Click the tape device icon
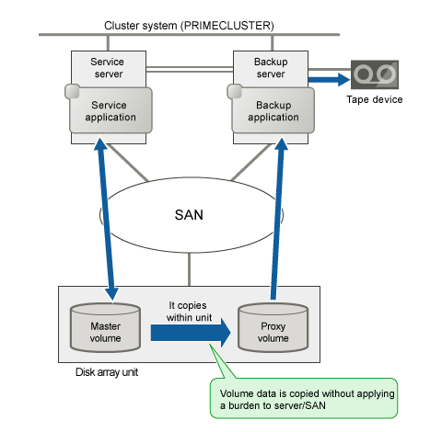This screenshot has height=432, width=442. (x=375, y=74)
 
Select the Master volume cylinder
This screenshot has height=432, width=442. (x=105, y=327)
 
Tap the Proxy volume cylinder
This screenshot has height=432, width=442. (x=273, y=327)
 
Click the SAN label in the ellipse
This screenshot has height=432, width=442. (x=189, y=215)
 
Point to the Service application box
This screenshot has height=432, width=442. (x=110, y=110)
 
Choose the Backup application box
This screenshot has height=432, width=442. (x=273, y=110)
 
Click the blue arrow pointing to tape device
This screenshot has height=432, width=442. (x=329, y=80)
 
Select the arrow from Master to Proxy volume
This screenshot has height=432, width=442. (x=191, y=333)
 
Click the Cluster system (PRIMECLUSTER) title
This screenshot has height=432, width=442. (x=189, y=26)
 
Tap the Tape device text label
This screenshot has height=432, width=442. (x=375, y=99)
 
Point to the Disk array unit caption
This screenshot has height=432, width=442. (x=107, y=372)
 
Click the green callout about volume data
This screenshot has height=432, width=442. (x=303, y=398)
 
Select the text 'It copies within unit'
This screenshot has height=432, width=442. (x=189, y=312)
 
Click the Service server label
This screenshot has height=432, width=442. (x=108, y=68)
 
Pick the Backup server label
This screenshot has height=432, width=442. (x=271, y=68)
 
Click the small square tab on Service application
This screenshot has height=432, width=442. (x=73, y=91)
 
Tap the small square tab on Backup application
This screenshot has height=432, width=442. (x=235, y=91)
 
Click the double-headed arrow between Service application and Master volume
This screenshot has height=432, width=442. (x=107, y=219)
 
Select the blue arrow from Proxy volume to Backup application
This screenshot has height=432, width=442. (x=278, y=218)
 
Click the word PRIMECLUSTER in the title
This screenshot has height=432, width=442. (x=227, y=26)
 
